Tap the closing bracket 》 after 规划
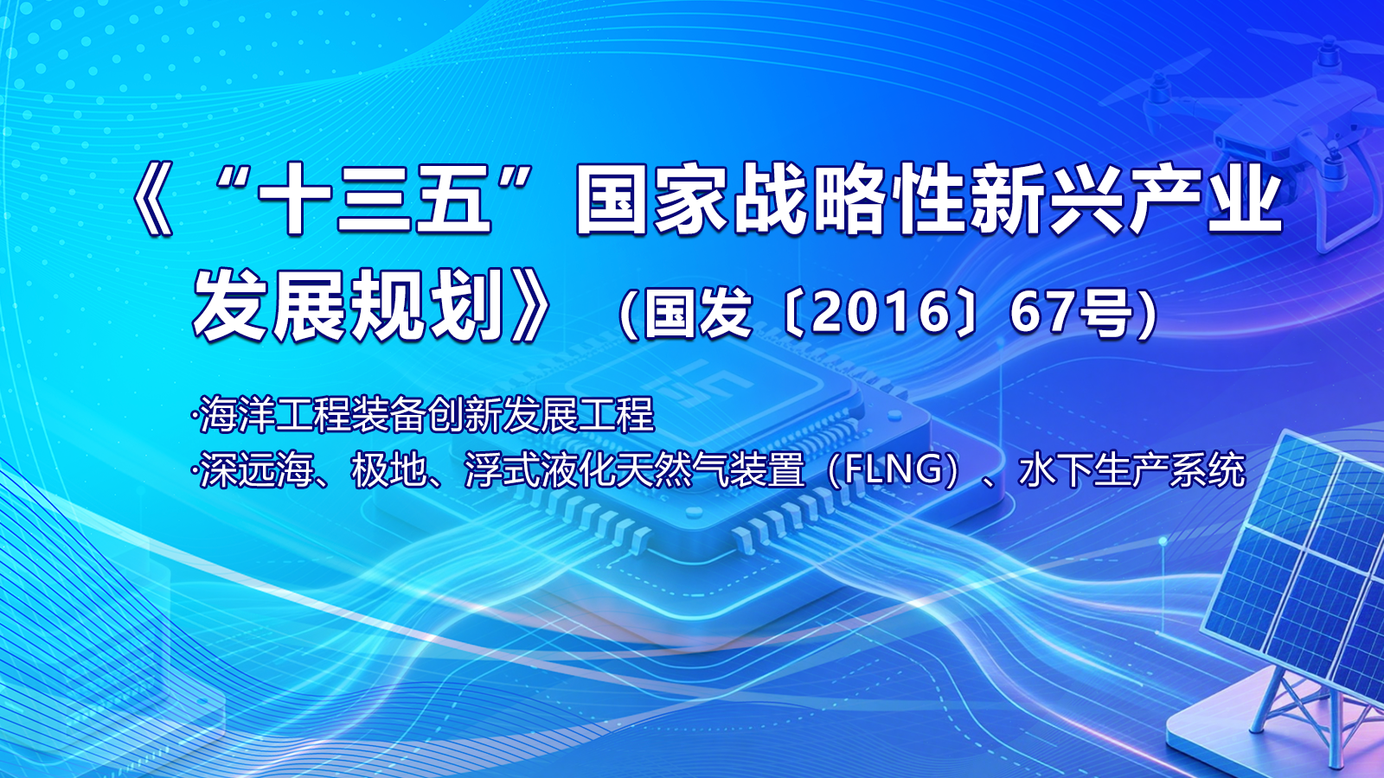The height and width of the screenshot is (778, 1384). point(529,306)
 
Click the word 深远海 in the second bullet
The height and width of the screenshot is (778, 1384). point(257,471)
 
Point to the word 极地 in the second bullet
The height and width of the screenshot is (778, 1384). point(388,471)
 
